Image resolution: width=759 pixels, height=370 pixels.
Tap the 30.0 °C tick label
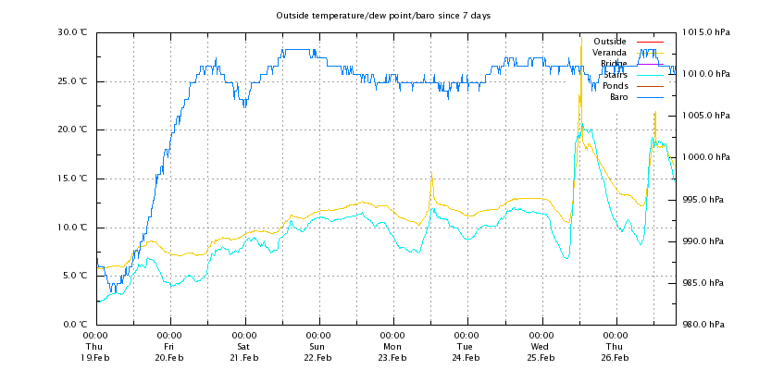coord(72,31)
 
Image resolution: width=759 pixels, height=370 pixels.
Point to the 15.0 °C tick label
coord(72,179)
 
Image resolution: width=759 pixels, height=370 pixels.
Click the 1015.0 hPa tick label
coord(706,31)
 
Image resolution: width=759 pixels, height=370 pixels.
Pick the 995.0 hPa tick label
coord(708,200)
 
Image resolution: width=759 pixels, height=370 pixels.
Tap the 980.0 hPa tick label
coord(708,325)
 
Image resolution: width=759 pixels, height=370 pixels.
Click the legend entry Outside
coord(609,42)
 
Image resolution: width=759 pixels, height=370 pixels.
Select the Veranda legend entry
coord(609,53)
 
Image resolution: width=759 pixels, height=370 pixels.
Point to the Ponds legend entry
coord(615,86)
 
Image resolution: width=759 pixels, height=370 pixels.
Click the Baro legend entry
coord(618,97)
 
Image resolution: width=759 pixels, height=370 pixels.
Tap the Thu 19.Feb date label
coord(95,346)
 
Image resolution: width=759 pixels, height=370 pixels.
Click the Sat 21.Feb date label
coord(244,346)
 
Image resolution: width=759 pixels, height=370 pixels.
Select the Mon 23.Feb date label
coord(392,346)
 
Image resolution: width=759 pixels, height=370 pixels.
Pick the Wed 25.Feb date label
coord(541,346)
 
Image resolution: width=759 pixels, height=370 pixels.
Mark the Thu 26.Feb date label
coord(615,346)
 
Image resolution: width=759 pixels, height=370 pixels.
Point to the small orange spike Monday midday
coord(431,187)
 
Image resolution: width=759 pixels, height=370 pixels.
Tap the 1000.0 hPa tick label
coord(706,157)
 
